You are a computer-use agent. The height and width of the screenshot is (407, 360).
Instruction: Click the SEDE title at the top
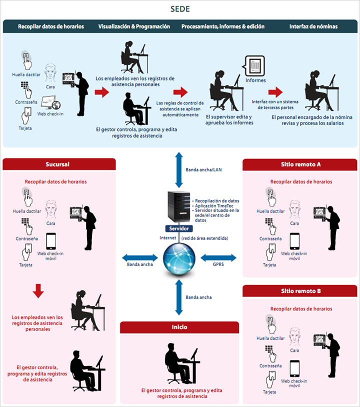point(180,9)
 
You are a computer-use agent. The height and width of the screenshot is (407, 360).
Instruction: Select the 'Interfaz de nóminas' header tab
point(313,26)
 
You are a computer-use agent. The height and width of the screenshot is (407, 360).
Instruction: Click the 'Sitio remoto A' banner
point(300,164)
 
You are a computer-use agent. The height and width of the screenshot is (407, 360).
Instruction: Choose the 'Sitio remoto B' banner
point(300,291)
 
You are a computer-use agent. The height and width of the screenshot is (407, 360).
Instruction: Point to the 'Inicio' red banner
point(179,327)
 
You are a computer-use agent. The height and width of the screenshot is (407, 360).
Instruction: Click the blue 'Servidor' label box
point(179,228)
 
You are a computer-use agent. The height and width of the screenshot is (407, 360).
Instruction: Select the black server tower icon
point(179,206)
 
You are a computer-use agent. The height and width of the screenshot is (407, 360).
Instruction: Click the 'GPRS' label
point(218,264)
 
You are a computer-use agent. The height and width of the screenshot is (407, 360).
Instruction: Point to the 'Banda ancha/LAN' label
point(203,170)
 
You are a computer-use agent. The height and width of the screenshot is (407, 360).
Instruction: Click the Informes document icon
point(254,66)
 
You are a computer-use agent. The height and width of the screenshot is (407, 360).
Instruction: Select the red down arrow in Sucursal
point(38,291)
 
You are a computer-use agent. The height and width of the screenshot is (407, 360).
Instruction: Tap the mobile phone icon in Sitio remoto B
point(294,368)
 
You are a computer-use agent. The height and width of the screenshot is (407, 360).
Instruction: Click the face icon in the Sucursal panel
point(51,209)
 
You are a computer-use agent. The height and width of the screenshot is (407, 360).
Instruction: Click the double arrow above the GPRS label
point(218,257)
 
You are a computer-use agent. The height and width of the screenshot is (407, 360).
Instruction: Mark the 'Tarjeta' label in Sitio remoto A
point(269,265)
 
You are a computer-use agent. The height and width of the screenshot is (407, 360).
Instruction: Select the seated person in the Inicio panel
point(182,363)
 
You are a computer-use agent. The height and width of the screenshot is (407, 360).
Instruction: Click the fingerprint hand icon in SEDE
point(26,60)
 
